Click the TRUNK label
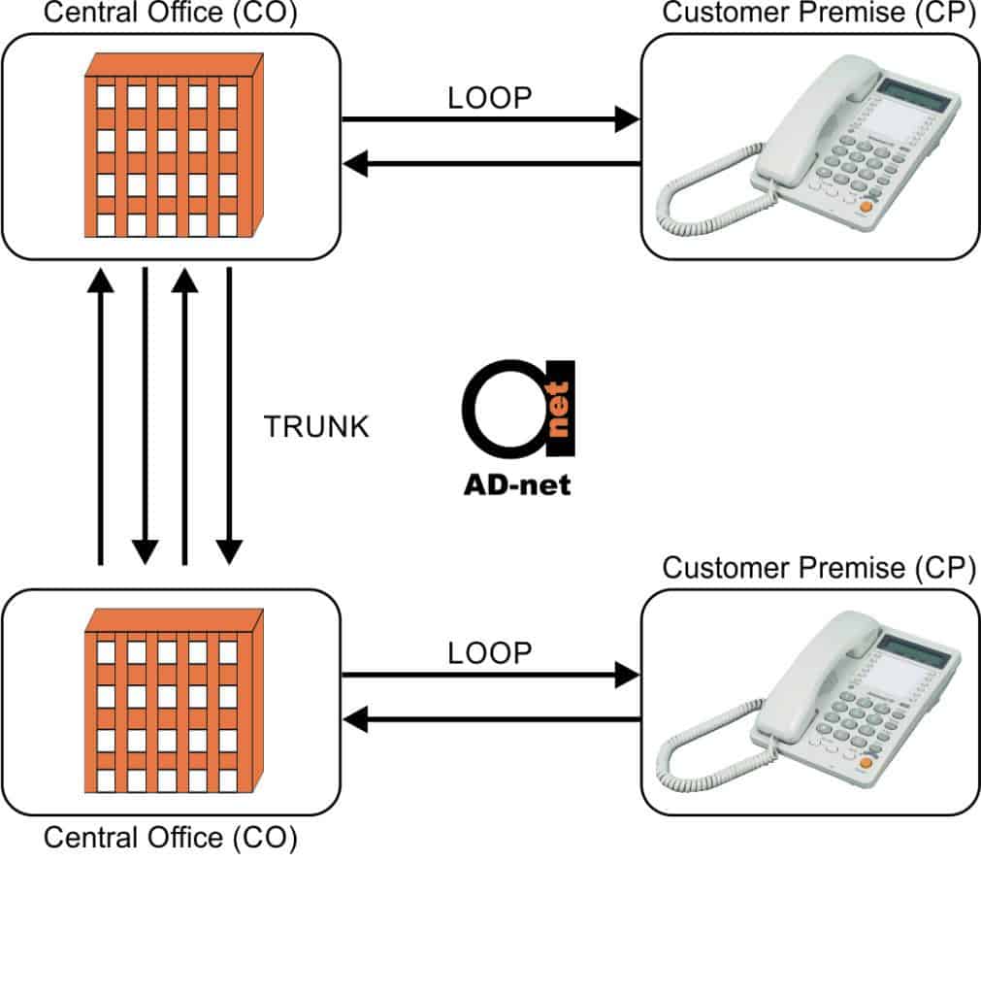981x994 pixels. [316, 427]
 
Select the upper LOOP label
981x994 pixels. [490, 99]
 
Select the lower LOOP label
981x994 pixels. [490, 653]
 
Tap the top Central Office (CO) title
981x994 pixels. [170, 14]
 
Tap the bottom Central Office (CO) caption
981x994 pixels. [170, 837]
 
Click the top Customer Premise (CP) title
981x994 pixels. [819, 14]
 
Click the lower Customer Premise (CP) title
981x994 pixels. [819, 568]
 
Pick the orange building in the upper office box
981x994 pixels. [173, 144]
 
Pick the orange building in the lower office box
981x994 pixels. [173, 699]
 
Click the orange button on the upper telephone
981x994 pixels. [866, 206]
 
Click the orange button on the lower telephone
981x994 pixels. [866, 762]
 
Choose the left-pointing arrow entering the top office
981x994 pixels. [490, 164]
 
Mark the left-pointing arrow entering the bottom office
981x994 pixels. [490, 719]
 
